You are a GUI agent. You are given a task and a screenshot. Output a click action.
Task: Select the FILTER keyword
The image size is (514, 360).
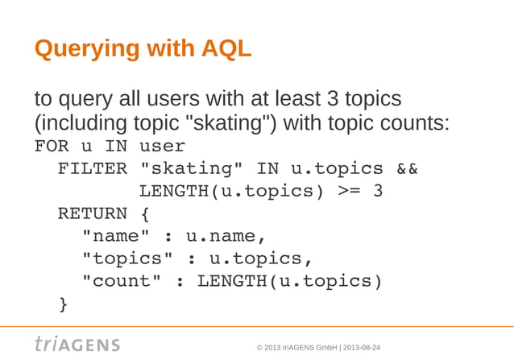[x=92, y=169]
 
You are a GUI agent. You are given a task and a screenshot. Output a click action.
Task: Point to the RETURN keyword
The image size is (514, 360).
[x=92, y=214]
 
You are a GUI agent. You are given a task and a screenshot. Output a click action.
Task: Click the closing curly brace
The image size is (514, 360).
[x=63, y=304]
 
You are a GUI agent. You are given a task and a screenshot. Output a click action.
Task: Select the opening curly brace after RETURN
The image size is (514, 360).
[x=144, y=214]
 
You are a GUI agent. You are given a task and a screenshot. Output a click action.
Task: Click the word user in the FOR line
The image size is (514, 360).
[x=161, y=147]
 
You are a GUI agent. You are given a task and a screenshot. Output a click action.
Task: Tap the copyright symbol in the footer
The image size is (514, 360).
[x=259, y=347]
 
